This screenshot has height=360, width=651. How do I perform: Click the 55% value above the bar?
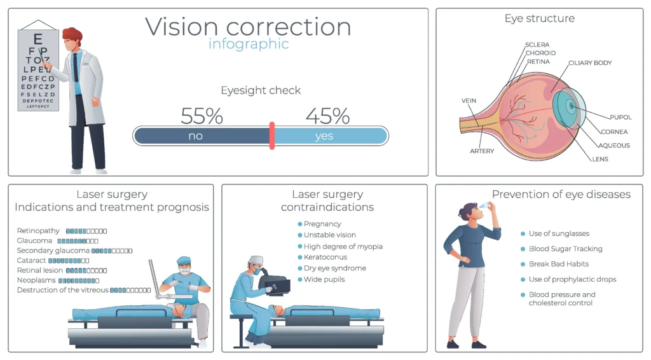[202, 116]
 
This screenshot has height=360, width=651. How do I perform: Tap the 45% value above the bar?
[327, 116]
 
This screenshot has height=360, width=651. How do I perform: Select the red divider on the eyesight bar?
[272, 135]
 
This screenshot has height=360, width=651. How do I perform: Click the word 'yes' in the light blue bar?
[324, 136]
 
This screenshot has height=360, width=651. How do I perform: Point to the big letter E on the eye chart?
[38, 39]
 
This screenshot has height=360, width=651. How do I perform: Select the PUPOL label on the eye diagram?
[620, 117]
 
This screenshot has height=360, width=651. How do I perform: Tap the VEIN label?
[469, 100]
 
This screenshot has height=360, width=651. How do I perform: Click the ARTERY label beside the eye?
[481, 151]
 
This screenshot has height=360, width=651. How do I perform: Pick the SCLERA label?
[537, 45]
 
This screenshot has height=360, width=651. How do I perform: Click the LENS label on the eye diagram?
[600, 159]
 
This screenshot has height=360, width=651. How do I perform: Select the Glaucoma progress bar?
[78, 241]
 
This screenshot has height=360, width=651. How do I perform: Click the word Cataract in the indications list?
[31, 261]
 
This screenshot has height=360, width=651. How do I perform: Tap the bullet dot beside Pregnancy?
[299, 224]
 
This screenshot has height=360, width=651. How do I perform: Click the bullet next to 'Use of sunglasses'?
[523, 233]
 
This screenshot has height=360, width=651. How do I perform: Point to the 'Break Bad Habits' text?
[559, 264]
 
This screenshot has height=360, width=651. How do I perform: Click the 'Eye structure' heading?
[539, 18]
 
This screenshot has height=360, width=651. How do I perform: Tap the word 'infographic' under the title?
[249, 44]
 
